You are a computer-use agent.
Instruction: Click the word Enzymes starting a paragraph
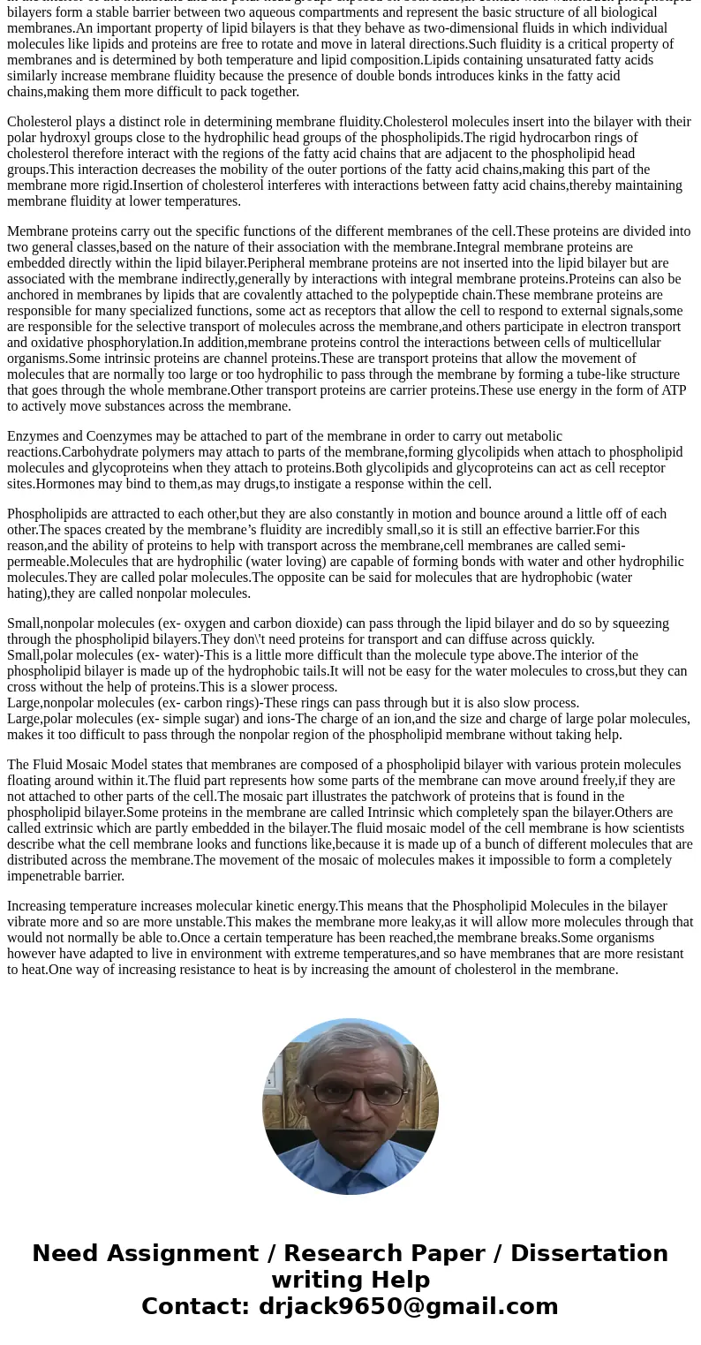click(32, 436)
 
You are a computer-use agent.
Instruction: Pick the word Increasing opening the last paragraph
click(38, 906)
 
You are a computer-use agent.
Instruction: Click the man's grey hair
click(350, 1047)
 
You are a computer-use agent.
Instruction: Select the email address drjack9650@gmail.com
click(408, 1307)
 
